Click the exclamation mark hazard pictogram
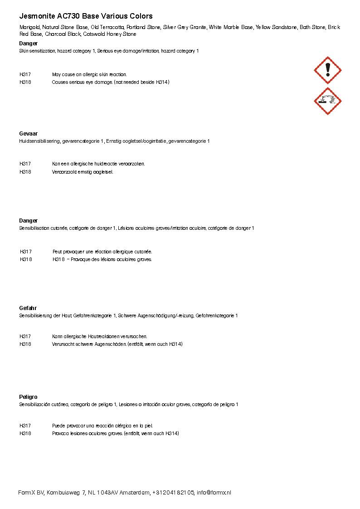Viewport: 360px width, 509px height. [327, 70]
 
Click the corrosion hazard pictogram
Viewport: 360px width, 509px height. [327, 101]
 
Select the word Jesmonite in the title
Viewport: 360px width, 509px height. [34, 16]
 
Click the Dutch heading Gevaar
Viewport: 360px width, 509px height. [28, 134]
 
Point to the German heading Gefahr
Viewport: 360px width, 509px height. [28, 308]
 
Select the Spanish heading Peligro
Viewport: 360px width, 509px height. [28, 397]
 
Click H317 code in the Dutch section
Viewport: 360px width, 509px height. [25, 164]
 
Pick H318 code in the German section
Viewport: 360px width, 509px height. [25, 344]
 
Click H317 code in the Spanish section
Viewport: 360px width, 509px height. [25, 426]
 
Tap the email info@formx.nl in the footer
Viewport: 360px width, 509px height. [214, 493]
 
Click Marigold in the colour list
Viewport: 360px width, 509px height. [29, 28]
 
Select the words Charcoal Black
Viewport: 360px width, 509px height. [63, 34]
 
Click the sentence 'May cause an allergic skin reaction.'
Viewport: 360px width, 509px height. [89, 74]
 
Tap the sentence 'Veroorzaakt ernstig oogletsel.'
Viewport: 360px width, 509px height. [83, 172]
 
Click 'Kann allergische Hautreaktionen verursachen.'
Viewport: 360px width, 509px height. [100, 336]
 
